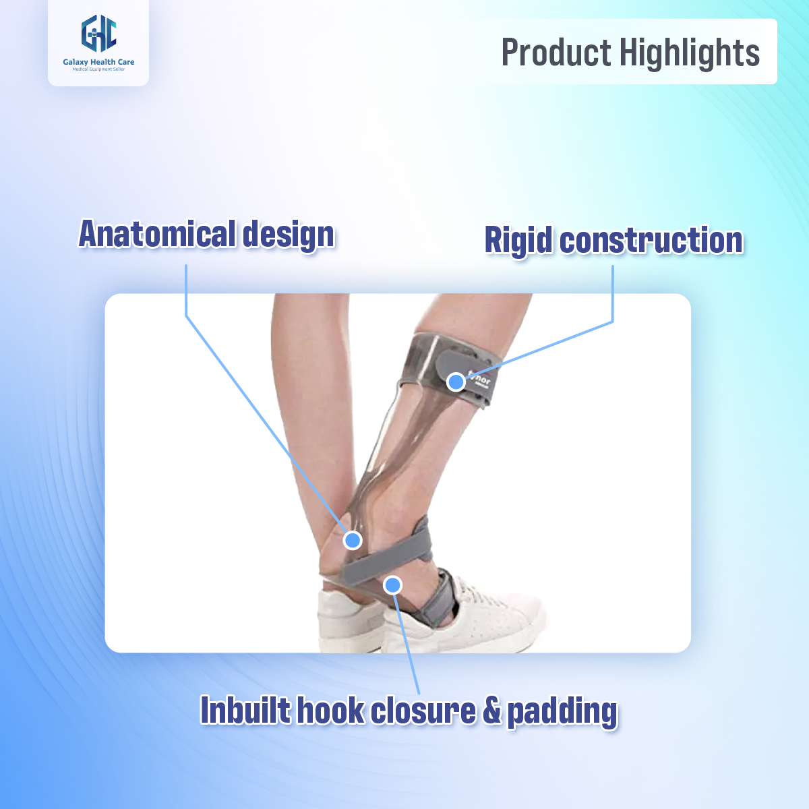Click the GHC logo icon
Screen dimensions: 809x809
pyautogui.click(x=98, y=34)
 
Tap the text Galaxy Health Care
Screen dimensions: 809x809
pyautogui.click(x=98, y=62)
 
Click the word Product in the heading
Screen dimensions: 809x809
pyautogui.click(x=556, y=53)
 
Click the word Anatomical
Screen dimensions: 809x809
pyautogui.click(x=157, y=234)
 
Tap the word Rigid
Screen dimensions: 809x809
pyautogui.click(x=518, y=241)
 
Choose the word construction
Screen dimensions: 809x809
pyautogui.click(x=651, y=241)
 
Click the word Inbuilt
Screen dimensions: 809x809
pyautogui.click(x=245, y=711)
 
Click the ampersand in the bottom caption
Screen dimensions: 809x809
pyautogui.click(x=492, y=711)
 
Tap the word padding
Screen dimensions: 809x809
pyautogui.click(x=562, y=713)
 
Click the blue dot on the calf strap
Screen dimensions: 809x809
pyautogui.click(x=456, y=382)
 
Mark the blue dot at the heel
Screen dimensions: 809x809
pyautogui.click(x=353, y=540)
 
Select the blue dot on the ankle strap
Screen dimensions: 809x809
pyautogui.click(x=392, y=585)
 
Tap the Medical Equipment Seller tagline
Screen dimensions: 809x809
pyautogui.click(x=98, y=69)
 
